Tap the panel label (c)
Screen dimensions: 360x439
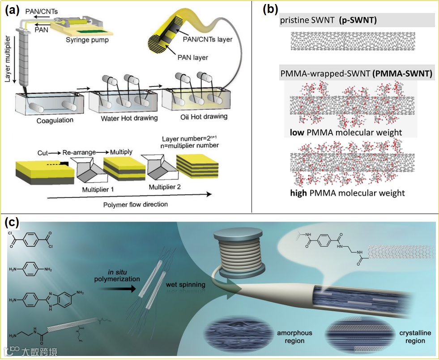12,222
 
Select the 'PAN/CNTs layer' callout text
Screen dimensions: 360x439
208,39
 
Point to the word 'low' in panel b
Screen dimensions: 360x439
298,132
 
